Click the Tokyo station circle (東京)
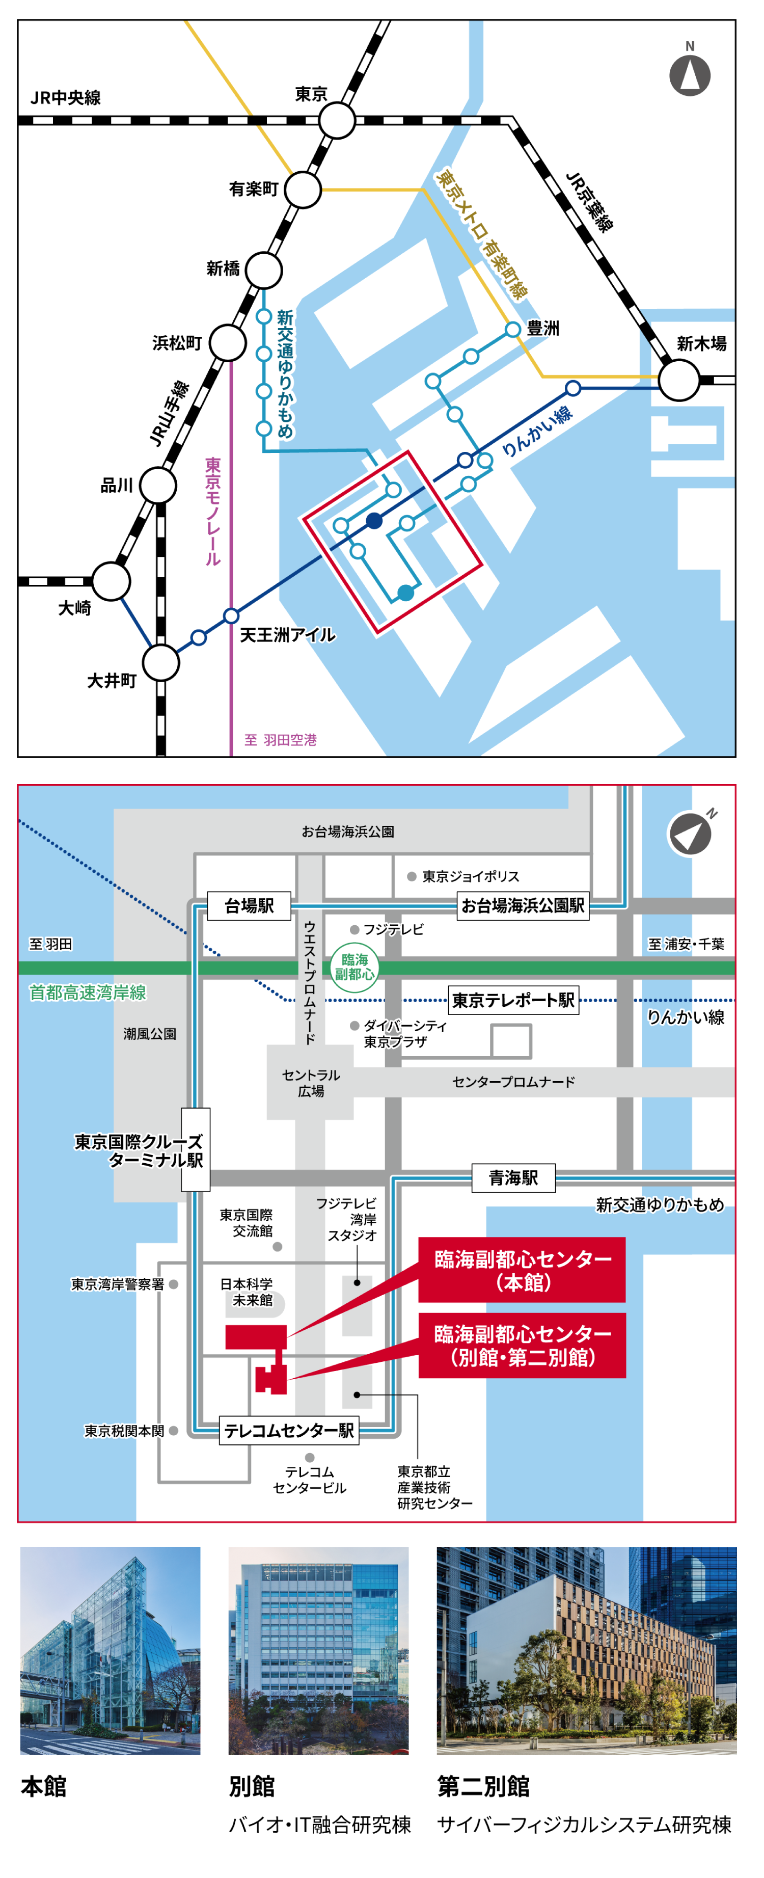pyautogui.click(x=337, y=120)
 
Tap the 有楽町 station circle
pyautogui.click(x=303, y=190)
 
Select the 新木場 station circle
pyautogui.click(x=679, y=380)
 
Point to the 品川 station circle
pyautogui.click(x=158, y=485)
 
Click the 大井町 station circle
pyautogui.click(x=160, y=663)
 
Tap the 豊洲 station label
pyautogui.click(x=543, y=329)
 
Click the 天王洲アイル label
pyautogui.click(x=288, y=635)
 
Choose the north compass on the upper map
pyautogui.click(x=690, y=74)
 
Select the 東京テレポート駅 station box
pyautogui.click(x=513, y=1000)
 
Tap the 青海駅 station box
pyautogui.click(x=513, y=1177)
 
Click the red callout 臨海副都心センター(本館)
pyautogui.click(x=522, y=1269)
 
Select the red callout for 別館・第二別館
pyautogui.click(x=522, y=1345)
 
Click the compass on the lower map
pyautogui.click(x=690, y=834)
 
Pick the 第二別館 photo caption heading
pyautogui.click(x=483, y=1786)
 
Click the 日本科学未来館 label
pyautogui.click(x=247, y=1292)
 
